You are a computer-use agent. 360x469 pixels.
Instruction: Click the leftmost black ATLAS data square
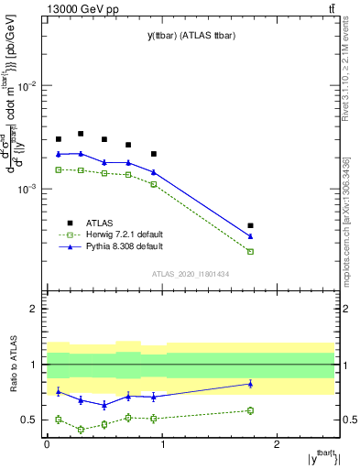58,139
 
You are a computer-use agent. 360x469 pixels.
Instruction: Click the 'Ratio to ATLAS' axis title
12,365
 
